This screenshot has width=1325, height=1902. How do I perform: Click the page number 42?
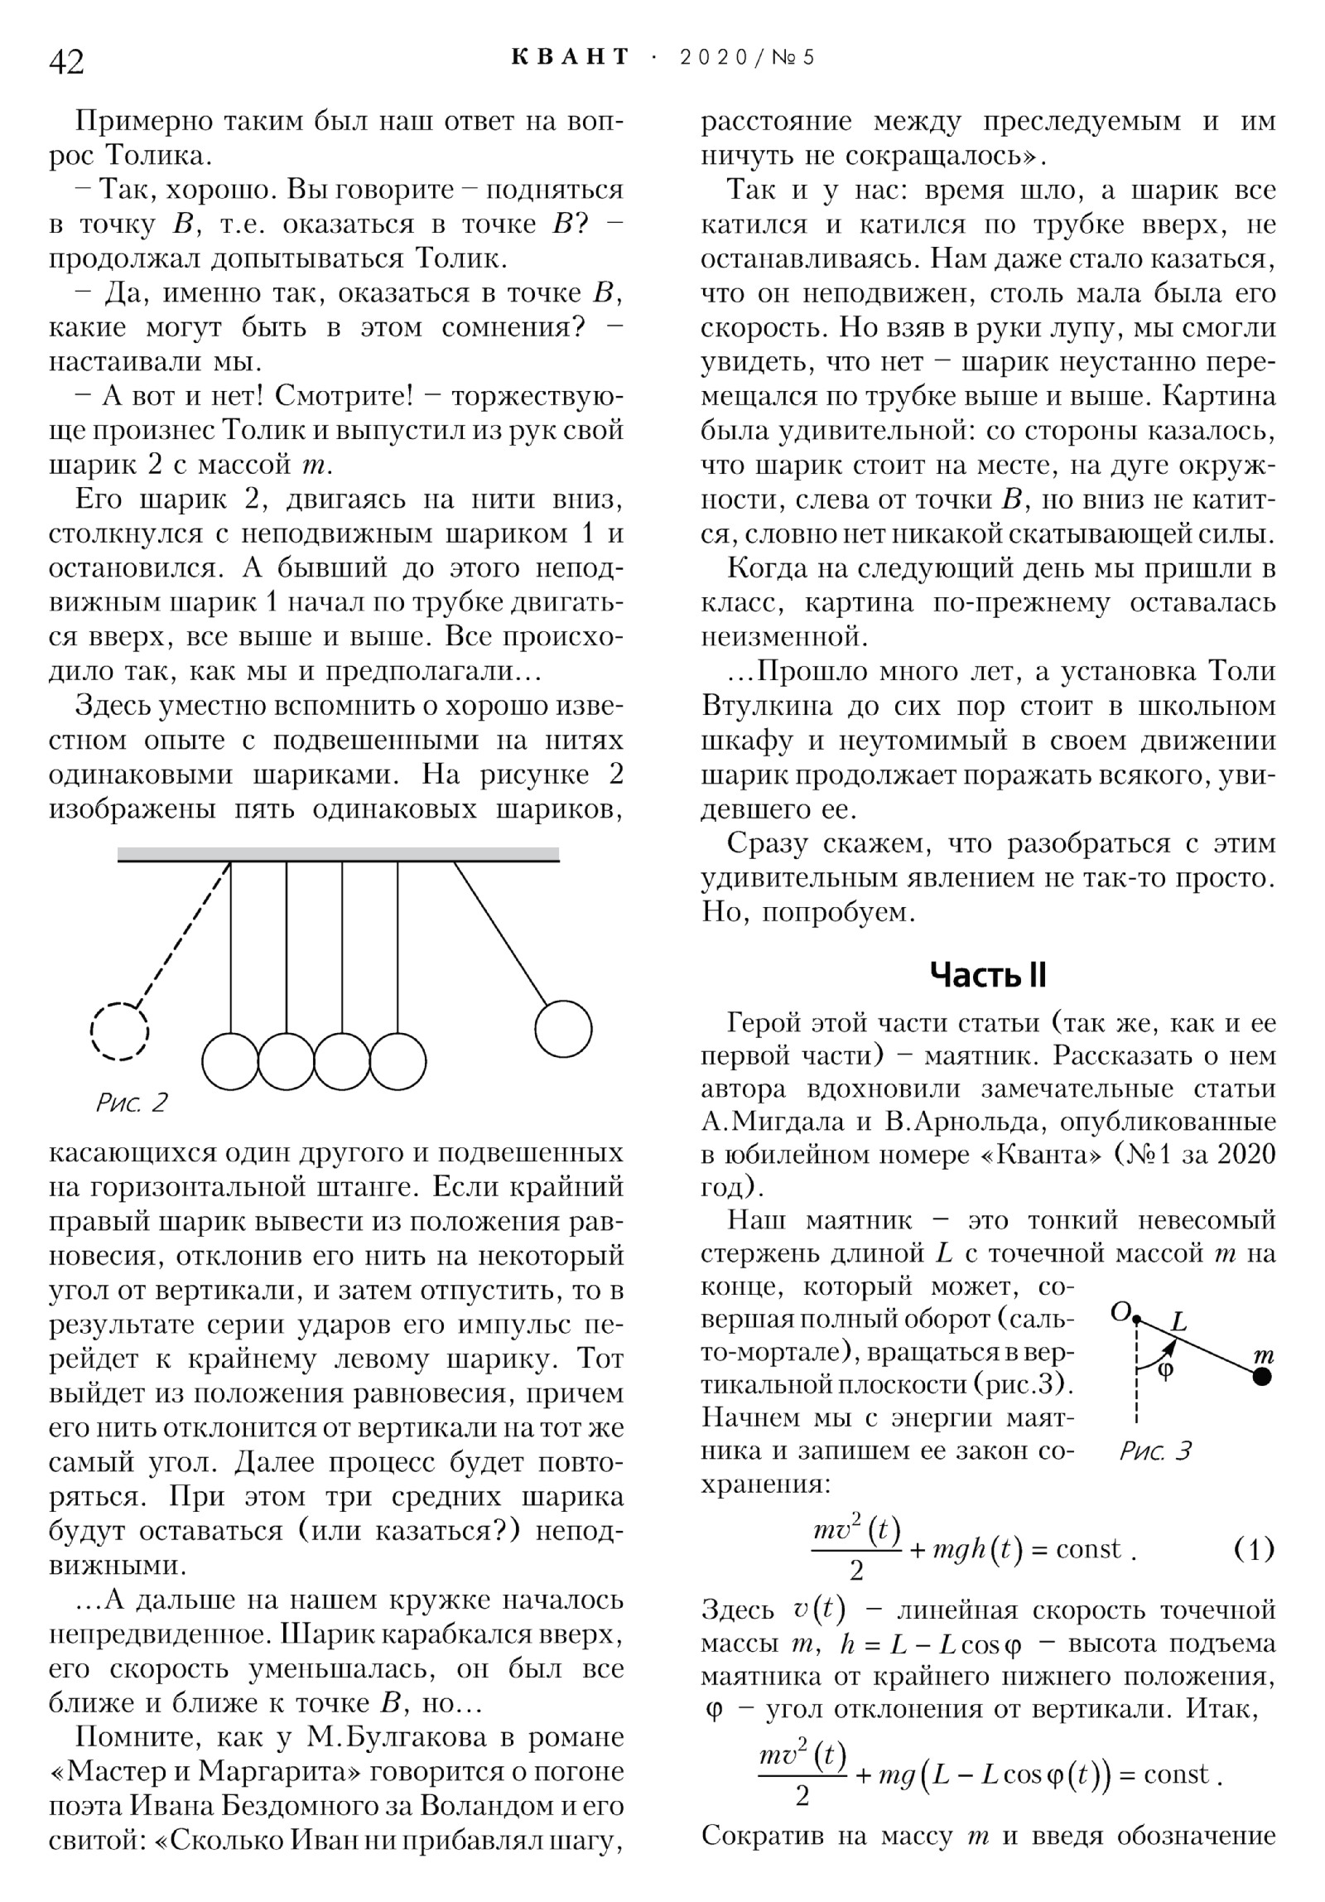tap(67, 61)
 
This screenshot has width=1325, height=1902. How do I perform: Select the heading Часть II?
tap(987, 976)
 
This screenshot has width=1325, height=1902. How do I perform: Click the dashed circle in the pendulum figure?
tap(119, 1031)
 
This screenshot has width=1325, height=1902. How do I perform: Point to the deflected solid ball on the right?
tap(563, 1029)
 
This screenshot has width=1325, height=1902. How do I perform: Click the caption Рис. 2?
tap(132, 1103)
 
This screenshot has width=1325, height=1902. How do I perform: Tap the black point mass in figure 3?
tap(1262, 1376)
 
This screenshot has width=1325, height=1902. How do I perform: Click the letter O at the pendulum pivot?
tap(1120, 1311)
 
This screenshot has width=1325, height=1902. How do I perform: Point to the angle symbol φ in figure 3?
tap(1164, 1369)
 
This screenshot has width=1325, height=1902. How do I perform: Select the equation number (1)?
tap(1253, 1549)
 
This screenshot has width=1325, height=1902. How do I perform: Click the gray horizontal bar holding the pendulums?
tap(338, 854)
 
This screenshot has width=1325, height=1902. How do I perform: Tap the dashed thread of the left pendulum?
tap(182, 936)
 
